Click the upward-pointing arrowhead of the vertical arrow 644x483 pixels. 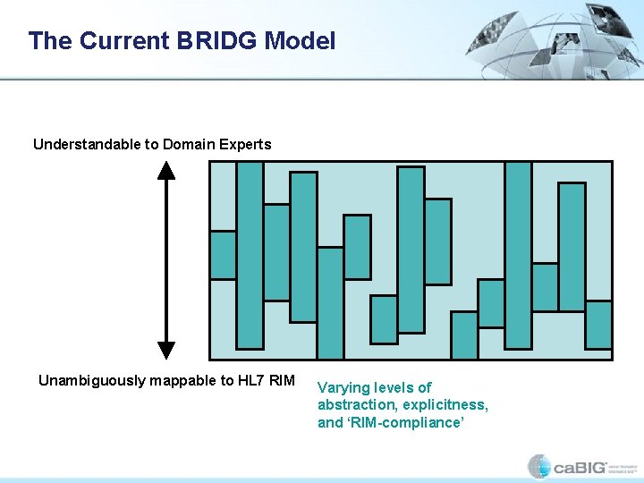click(x=166, y=170)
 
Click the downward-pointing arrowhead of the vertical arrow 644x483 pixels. click(x=166, y=349)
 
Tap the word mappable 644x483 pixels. click(x=182, y=381)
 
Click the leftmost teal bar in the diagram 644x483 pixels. click(x=223, y=255)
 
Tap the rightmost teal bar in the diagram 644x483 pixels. click(x=598, y=325)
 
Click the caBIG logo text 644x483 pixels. click(x=580, y=467)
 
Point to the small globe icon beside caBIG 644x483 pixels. click(x=539, y=467)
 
